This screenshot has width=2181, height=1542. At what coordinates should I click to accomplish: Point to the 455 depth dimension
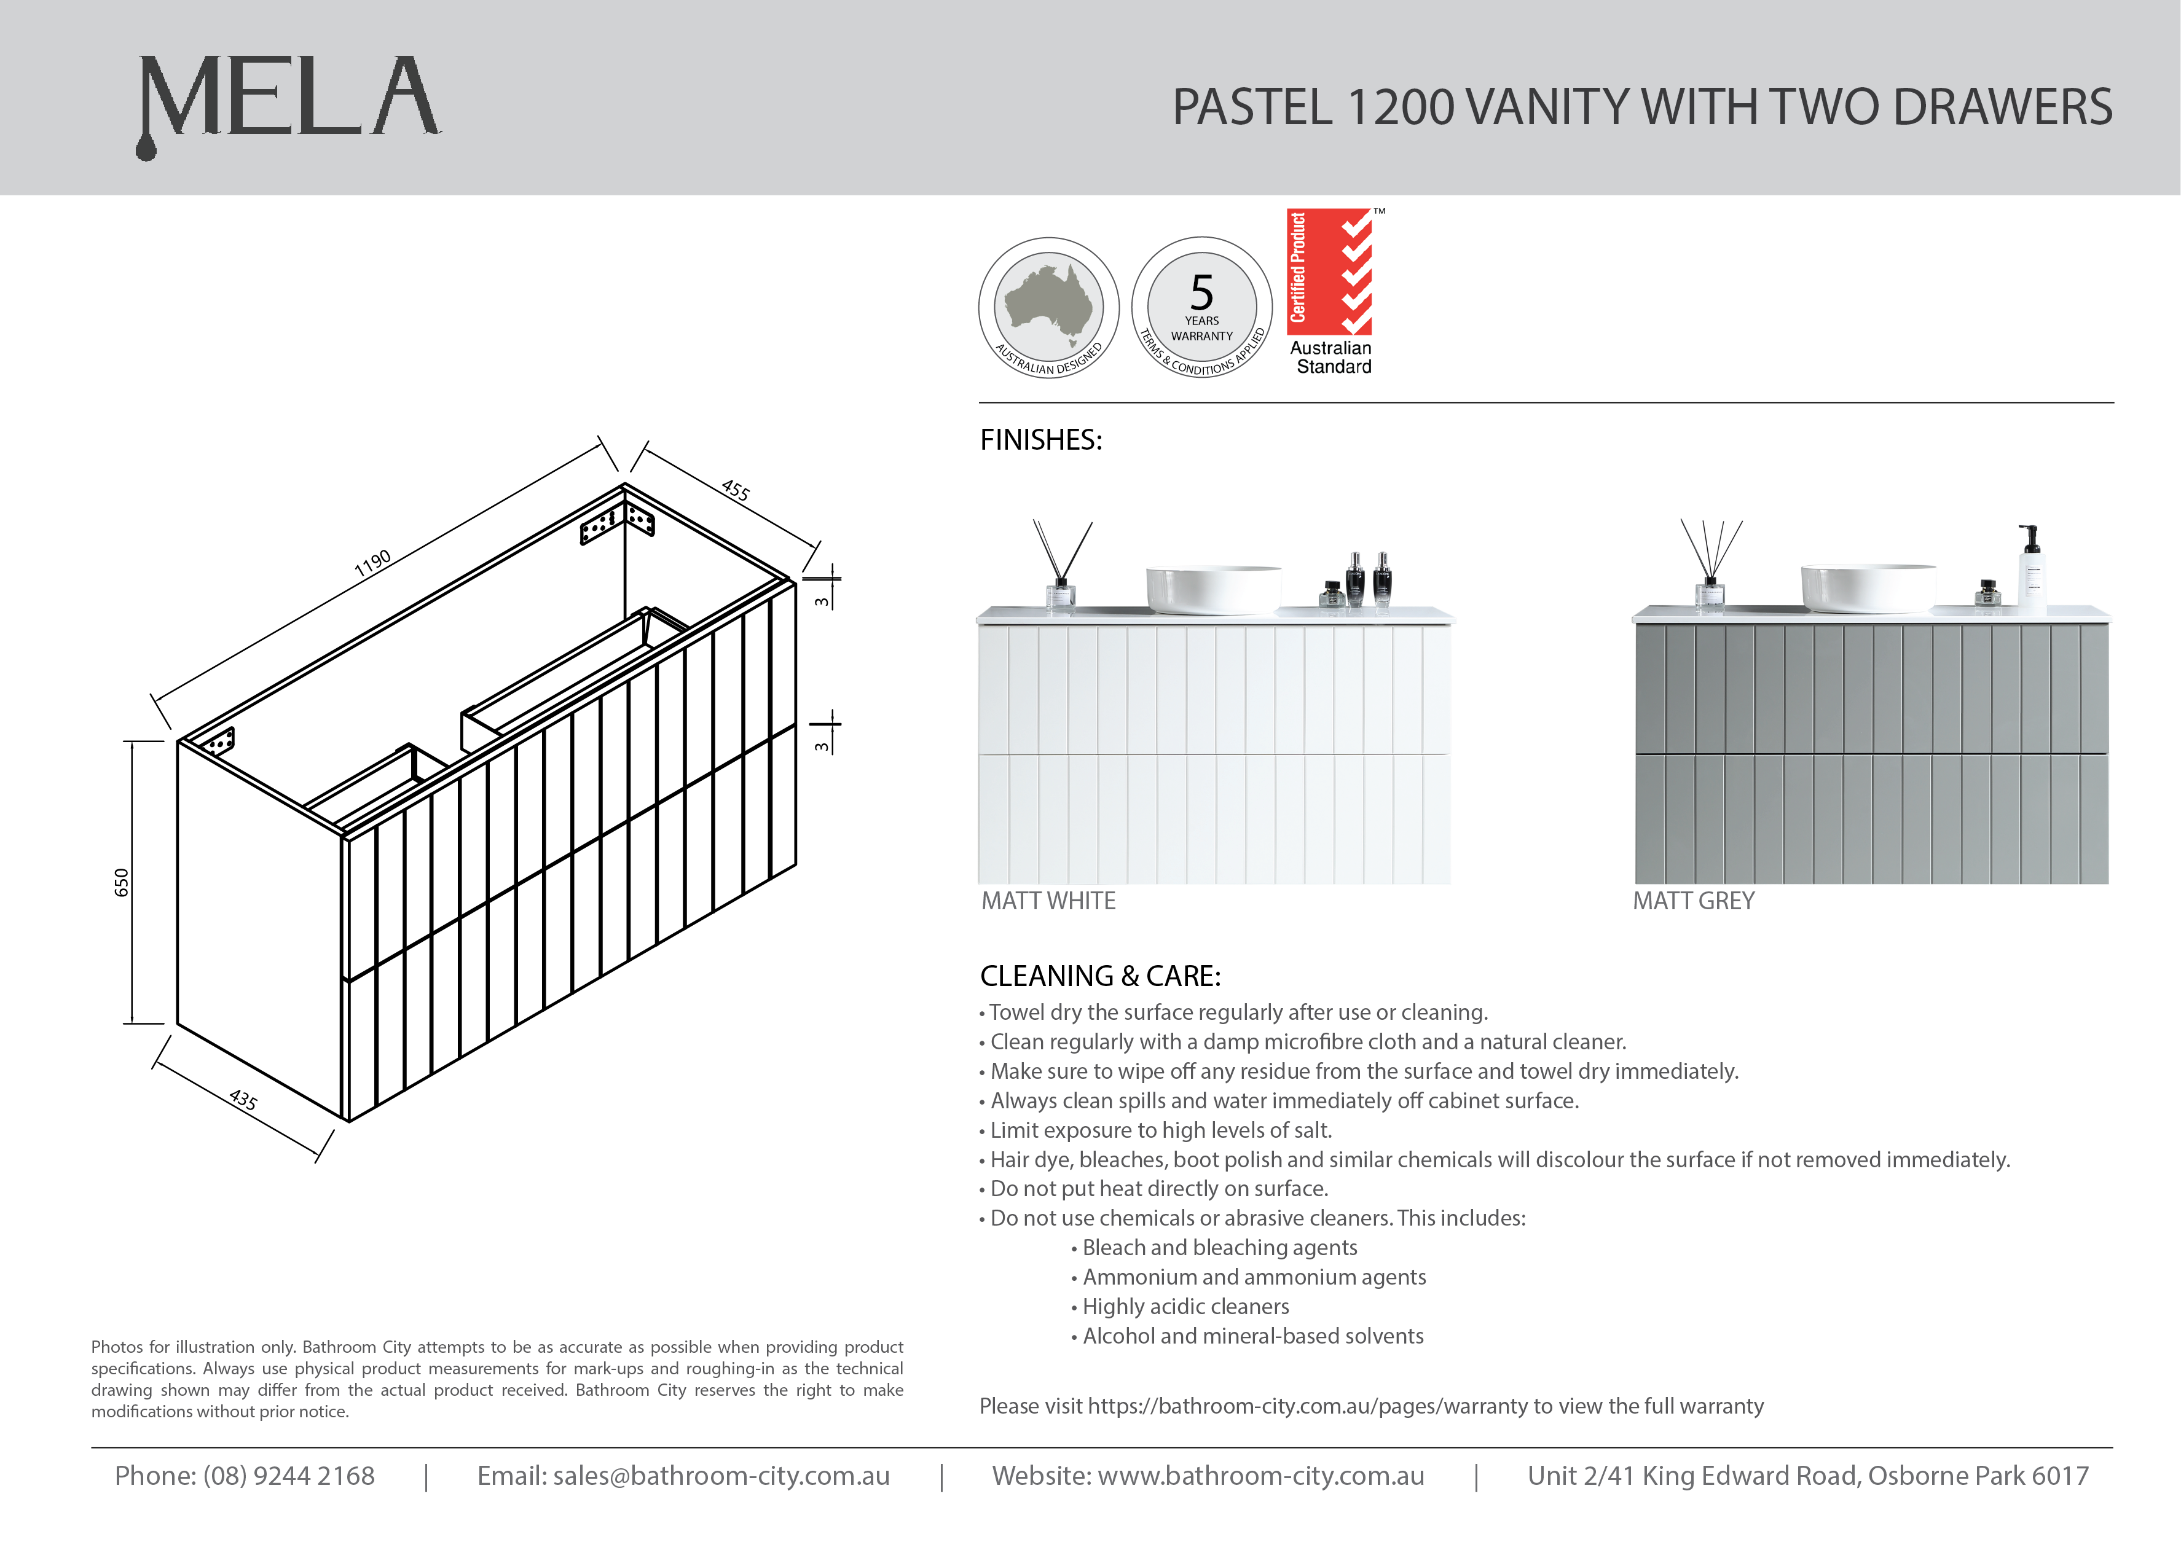pos(735,490)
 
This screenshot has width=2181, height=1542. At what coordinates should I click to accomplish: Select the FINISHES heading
pos(1040,440)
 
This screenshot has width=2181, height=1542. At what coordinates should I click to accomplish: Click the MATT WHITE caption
pos(1048,901)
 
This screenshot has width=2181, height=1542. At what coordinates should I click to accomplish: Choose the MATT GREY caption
pos(1692,901)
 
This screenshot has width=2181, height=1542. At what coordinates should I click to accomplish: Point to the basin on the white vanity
pos(1213,589)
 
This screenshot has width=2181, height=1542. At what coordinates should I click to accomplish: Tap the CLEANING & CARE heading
pos(1100,976)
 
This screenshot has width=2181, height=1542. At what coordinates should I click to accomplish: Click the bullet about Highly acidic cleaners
pos(1185,1307)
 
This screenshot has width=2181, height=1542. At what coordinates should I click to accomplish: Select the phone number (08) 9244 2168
pos(289,1476)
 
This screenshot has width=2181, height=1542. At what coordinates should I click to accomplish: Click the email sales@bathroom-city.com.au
pos(720,1476)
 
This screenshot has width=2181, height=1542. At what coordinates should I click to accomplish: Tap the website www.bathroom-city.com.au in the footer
pos(1260,1476)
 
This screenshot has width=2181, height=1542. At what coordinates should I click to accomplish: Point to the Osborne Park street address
pos(1808,1476)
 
